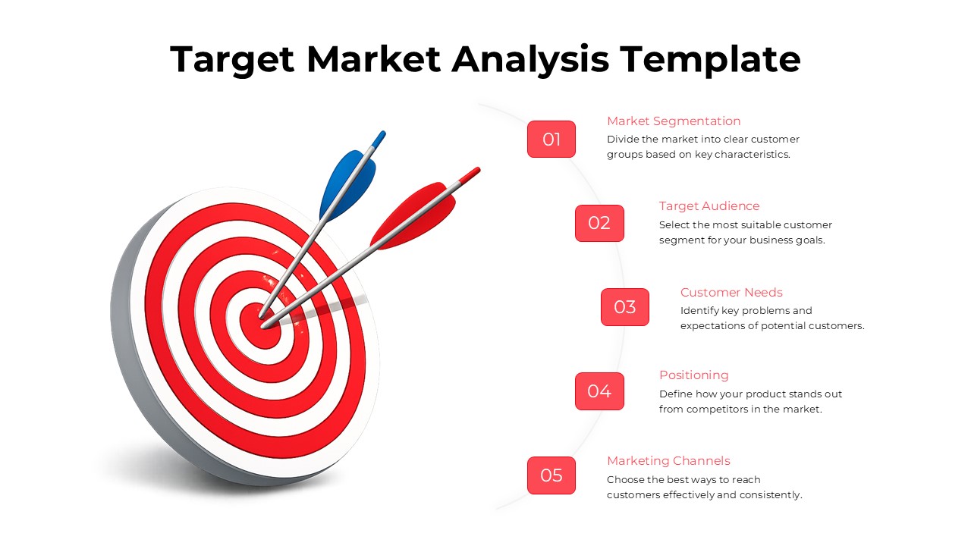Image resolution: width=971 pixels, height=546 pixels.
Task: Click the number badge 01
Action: pos(551,140)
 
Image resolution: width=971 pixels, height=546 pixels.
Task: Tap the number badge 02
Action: pos(599,223)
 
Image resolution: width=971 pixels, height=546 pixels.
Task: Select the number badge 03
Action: pos(625,307)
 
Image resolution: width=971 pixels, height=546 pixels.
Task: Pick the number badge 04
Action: pos(599,391)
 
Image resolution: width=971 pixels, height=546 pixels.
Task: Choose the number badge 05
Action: pos(551,475)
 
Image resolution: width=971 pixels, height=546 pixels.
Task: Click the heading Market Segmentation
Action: pos(674,121)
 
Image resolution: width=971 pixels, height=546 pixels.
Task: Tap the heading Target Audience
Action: pos(709,206)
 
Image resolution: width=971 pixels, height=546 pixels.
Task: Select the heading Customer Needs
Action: pos(731,293)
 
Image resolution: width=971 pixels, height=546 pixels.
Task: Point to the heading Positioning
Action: pos(693,375)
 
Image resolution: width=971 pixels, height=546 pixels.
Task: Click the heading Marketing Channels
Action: pos(668,461)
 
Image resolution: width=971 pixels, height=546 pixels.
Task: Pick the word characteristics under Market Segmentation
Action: pos(750,155)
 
